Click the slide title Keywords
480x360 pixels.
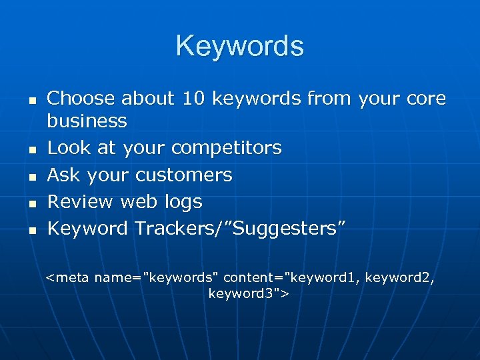pyautogui.click(x=240, y=46)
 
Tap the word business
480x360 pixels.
pyautogui.click(x=87, y=121)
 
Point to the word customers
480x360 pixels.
pyautogui.click(x=183, y=175)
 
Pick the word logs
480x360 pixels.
pyautogui.click(x=183, y=201)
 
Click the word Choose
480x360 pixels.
pyautogui.click(x=81, y=99)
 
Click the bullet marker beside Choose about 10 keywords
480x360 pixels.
pyautogui.click(x=31, y=101)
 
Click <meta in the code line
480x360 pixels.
pyautogui.click(x=68, y=277)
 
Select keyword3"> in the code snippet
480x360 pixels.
pyautogui.click(x=247, y=293)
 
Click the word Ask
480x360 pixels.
pyautogui.click(x=64, y=175)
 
